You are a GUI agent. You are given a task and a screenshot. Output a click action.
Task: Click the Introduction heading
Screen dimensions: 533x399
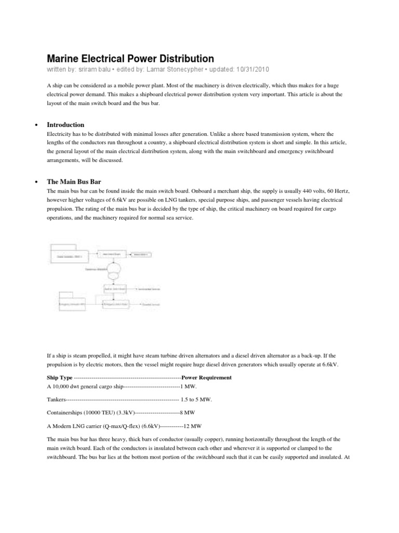click(x=65, y=125)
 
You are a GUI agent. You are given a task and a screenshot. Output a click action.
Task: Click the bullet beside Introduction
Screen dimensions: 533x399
click(x=35, y=125)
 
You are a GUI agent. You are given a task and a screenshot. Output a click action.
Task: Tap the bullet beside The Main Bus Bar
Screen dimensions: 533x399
click(x=35, y=182)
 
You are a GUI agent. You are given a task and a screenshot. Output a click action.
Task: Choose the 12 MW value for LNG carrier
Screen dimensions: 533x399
click(x=190, y=424)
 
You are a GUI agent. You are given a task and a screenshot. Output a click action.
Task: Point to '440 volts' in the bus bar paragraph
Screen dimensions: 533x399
click(x=309, y=191)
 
